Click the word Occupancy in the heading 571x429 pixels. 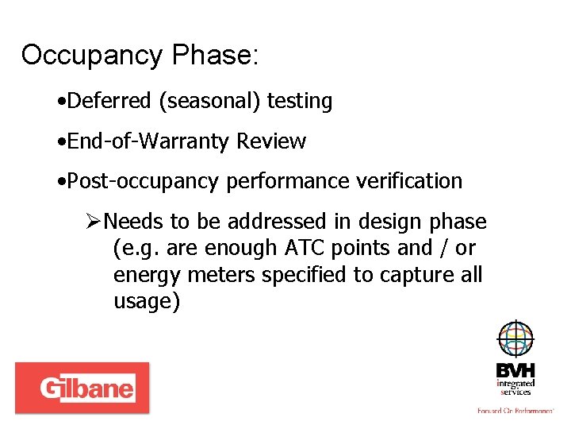tap(91, 56)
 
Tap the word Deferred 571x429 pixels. tap(109, 101)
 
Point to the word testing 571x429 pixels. tap(300, 102)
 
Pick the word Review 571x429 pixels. tap(271, 141)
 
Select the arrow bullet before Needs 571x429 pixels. tap(94, 221)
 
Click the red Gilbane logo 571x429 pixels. tap(82, 388)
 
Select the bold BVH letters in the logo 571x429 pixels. tap(515, 371)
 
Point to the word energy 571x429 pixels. tap(140, 276)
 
